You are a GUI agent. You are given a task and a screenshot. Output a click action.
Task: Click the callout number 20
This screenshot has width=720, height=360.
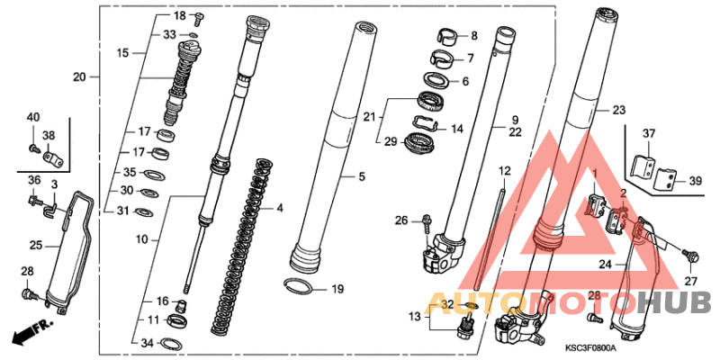79,77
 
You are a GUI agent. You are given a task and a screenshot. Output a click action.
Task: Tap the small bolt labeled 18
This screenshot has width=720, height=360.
199,19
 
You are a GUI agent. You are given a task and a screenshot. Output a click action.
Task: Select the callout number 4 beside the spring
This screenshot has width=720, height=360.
279,209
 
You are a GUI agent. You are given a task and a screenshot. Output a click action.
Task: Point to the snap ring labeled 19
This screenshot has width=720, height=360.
298,286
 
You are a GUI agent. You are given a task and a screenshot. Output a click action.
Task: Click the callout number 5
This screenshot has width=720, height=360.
362,176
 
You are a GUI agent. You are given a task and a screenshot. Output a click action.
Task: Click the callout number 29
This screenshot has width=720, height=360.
391,142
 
